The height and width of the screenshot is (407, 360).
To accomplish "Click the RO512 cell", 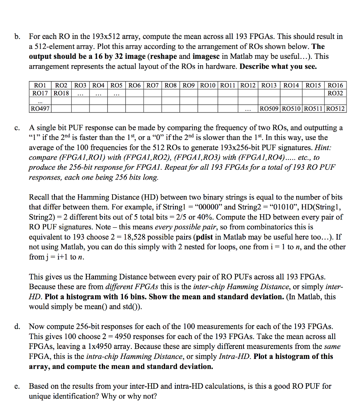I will (335, 108).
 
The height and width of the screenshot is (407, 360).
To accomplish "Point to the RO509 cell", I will (269, 108).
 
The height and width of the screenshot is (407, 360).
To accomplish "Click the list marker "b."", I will (18, 37).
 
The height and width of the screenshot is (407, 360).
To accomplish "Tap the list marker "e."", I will (18, 386).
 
